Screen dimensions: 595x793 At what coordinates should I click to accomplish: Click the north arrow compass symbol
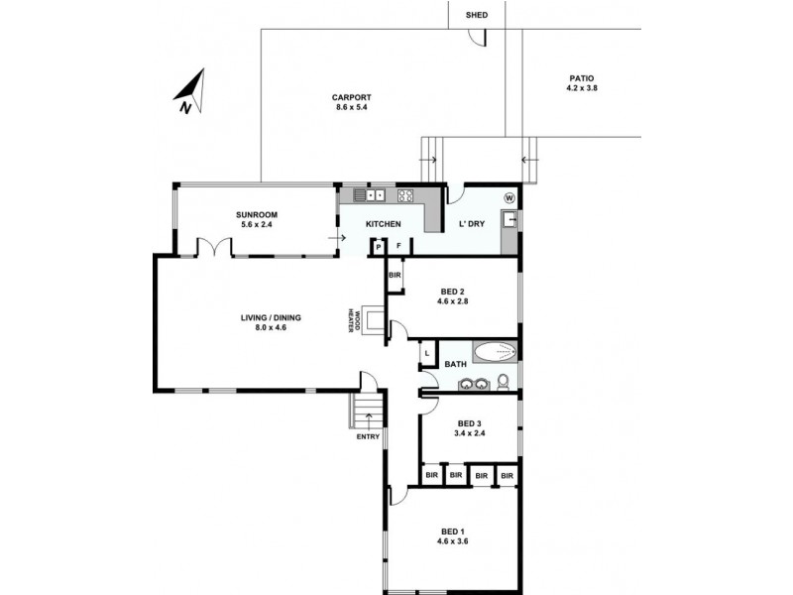point(190,91)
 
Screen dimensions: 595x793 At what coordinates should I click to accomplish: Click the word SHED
point(463,15)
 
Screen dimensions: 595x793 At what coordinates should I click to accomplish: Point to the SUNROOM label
point(256,215)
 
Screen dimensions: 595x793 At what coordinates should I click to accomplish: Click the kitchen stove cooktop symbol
point(405,195)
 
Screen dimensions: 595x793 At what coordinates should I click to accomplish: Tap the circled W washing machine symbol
point(509,197)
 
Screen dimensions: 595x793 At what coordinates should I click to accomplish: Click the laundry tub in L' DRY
point(509,220)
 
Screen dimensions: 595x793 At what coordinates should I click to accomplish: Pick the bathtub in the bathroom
point(494,350)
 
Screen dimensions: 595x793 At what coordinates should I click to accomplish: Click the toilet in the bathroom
point(503,382)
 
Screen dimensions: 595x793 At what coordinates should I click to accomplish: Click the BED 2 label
point(454,292)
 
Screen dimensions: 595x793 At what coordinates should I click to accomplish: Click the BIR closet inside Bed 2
point(395,275)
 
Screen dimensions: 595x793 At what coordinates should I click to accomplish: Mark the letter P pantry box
point(379,247)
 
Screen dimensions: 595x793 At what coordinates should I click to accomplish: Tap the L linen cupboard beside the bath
point(426,352)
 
